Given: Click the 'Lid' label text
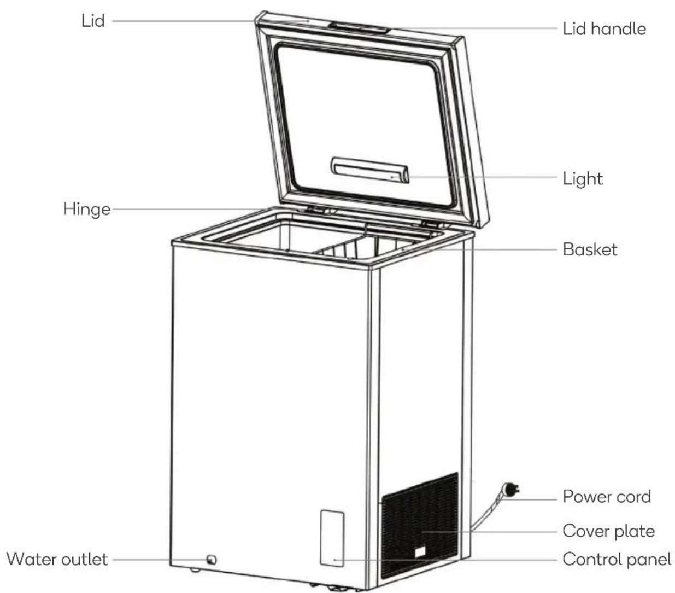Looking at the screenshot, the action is coord(93,21).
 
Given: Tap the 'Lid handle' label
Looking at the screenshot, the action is coord(604,28).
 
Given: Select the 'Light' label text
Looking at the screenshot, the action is coord(583,179).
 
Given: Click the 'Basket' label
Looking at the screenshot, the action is coord(590,249).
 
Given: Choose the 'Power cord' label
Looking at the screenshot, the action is coord(606,497).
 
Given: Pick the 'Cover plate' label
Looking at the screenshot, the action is coord(608,531).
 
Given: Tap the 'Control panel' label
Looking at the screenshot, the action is coord(617,559).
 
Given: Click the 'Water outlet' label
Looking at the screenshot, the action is coord(57,559).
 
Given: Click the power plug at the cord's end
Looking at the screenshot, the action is coord(510,489).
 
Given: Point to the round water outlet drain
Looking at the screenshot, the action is coord(212,560).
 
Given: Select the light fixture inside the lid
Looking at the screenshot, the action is coord(370,170).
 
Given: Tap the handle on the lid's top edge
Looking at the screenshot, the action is coord(360,27).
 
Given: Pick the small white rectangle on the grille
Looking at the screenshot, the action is coord(420,552).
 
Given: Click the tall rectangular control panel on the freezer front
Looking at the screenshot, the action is coord(332,538).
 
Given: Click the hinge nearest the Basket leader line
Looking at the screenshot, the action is coord(431,224).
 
